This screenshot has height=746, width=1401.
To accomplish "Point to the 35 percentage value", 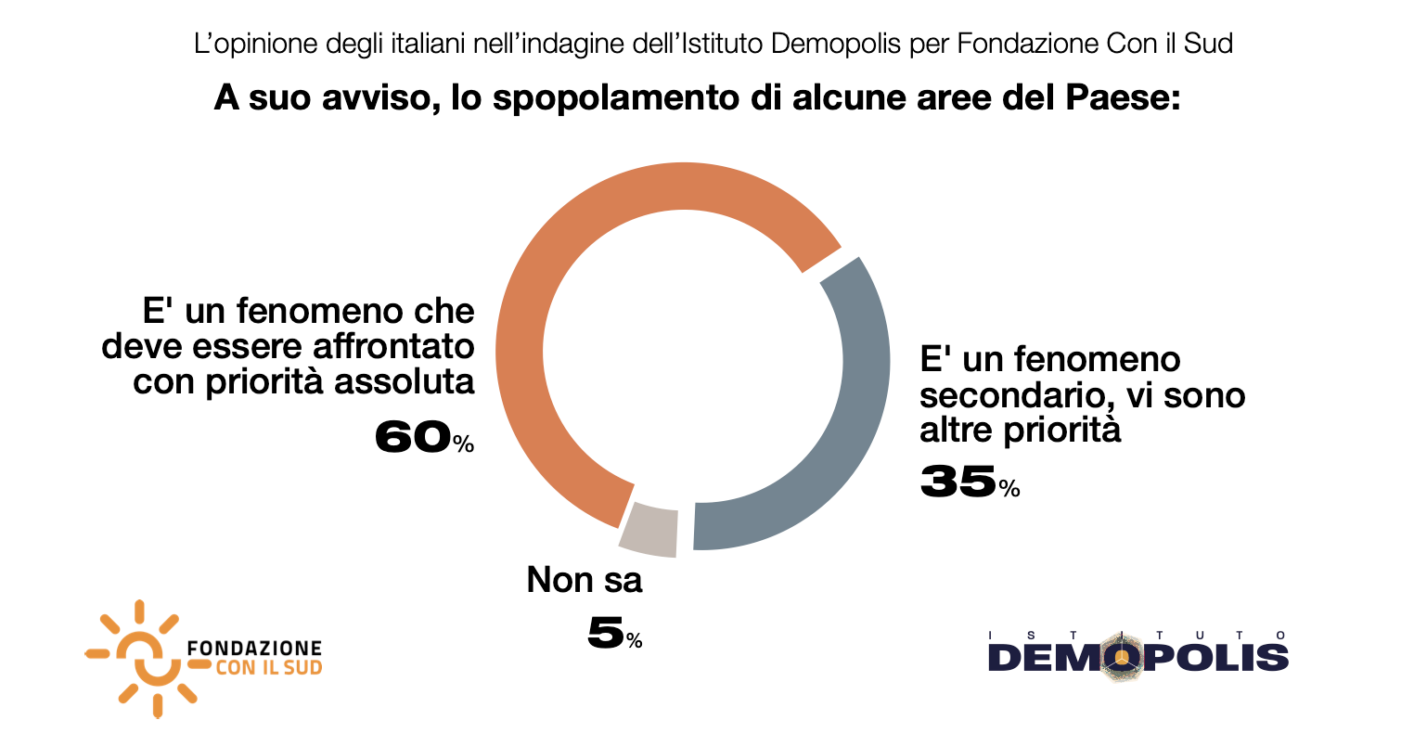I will tap(958, 482).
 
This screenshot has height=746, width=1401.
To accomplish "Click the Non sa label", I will tap(585, 582).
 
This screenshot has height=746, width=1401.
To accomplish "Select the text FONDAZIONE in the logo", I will tap(255, 648).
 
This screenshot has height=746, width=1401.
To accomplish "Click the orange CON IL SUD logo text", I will tap(268, 668).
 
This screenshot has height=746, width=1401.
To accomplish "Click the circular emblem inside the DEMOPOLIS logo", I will tap(1124, 658).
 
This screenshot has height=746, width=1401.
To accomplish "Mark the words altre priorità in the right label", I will tap(1021, 431).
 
